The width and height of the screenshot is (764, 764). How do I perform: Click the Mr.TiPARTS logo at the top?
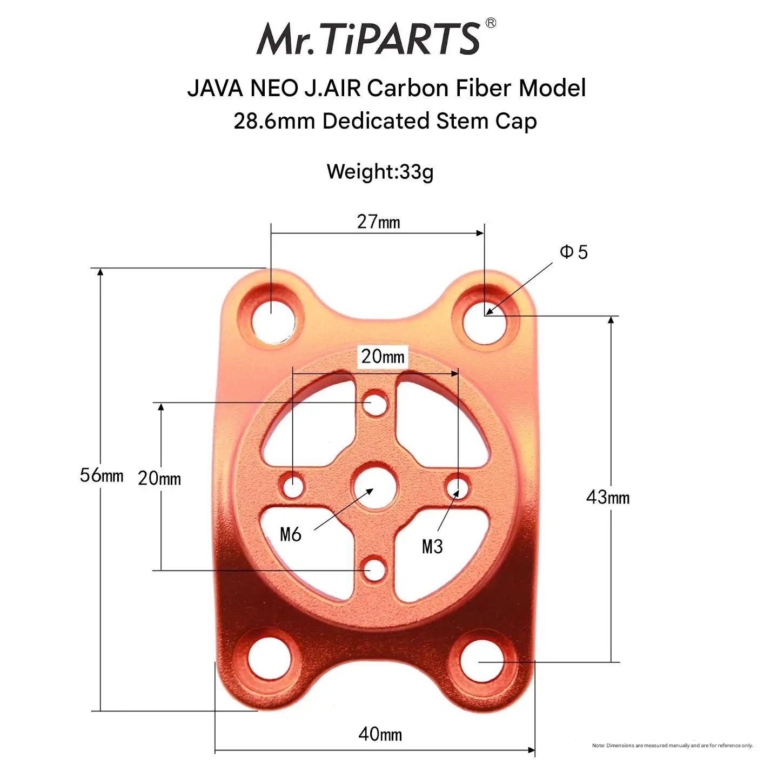point(368,38)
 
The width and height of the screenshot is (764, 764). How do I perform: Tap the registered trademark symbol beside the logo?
point(491,23)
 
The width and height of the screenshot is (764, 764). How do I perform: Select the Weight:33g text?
point(380,172)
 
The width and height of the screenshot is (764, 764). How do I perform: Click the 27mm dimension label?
point(378,222)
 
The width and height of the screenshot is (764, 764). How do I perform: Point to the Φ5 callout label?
point(574,252)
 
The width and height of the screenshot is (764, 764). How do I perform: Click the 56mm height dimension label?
point(102,475)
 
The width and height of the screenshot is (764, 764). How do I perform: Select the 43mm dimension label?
point(608,497)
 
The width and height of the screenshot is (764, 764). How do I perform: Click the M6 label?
point(291,534)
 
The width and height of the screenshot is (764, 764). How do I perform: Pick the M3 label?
point(432,546)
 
